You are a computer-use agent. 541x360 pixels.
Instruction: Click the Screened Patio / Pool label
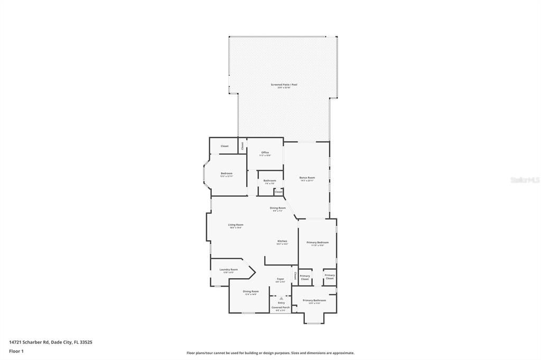[281, 84]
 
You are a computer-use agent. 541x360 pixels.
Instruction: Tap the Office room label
[265, 153]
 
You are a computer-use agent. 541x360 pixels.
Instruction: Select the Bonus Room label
[307, 178]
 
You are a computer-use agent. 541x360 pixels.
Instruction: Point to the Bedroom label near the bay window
[226, 173]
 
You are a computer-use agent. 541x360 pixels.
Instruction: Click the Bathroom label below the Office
[269, 181]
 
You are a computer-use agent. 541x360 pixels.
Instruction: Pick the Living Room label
[236, 225]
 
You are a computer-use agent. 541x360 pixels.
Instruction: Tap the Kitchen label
[282, 241]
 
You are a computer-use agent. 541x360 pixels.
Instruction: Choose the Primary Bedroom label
[318, 242]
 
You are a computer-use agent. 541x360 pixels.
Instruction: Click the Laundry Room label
[229, 270]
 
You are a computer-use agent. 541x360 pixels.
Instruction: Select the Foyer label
[281, 279]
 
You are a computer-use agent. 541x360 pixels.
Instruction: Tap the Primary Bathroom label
[314, 300]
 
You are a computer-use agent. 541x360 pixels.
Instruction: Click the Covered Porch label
[281, 307]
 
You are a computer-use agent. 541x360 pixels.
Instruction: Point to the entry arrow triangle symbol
[281, 298]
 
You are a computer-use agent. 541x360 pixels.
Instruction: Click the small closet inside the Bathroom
[278, 192]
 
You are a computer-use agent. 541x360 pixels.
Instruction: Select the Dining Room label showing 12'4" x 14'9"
[250, 291]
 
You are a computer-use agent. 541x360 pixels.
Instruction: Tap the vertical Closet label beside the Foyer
[295, 276]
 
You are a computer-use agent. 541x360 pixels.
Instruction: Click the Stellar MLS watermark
[525, 180]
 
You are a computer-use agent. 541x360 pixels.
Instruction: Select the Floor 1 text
[16, 350]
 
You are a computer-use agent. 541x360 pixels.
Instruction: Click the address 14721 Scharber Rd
[51, 342]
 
